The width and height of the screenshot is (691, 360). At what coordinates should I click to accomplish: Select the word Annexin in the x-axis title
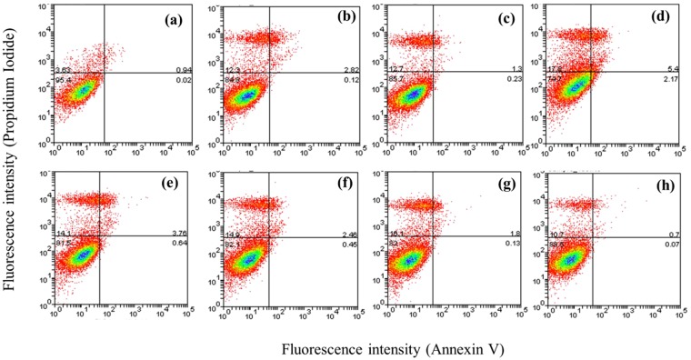(x=452, y=347)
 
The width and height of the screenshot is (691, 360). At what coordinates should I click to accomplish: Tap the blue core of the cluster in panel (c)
(x=414, y=95)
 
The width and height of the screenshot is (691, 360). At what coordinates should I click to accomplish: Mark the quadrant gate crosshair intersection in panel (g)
(x=433, y=236)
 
